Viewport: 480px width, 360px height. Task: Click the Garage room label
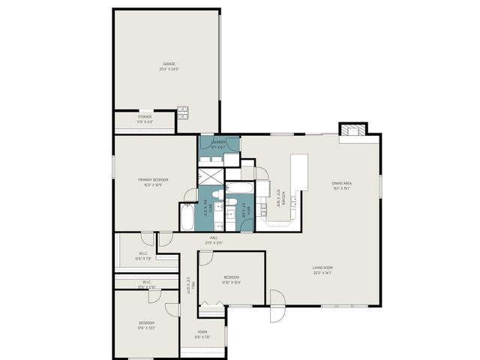tap(168, 64)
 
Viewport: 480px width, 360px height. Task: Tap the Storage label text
tap(145, 116)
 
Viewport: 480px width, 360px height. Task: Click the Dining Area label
tap(342, 184)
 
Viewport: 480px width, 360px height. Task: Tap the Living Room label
tap(323, 268)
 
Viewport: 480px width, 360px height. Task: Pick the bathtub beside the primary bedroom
tap(187, 217)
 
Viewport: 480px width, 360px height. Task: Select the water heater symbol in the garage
tap(181, 112)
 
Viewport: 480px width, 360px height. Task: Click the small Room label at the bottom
tap(202, 331)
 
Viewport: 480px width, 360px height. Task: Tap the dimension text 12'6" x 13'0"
tap(145, 328)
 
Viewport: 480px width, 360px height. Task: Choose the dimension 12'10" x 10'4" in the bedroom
tap(231, 283)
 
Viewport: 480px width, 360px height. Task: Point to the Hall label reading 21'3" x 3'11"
tap(214, 242)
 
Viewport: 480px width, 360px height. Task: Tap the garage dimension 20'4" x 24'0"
tap(168, 69)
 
